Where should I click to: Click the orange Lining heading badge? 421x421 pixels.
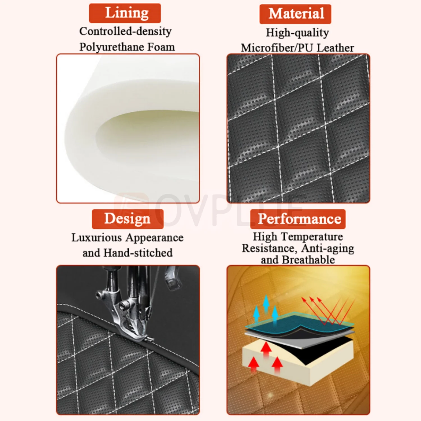(x=125, y=13)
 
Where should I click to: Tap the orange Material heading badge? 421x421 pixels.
(x=295, y=14)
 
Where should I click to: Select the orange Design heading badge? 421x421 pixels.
(x=128, y=219)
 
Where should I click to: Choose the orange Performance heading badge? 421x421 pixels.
(x=298, y=219)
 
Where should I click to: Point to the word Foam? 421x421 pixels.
(x=161, y=47)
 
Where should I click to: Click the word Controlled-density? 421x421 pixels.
(x=125, y=31)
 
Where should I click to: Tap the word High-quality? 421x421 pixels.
(x=298, y=33)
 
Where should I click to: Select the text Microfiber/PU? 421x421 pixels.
(x=277, y=48)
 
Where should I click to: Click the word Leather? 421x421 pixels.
(x=335, y=48)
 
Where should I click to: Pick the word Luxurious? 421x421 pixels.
(x=97, y=237)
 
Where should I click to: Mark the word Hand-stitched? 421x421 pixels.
(x=138, y=253)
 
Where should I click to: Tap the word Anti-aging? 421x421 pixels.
(x=328, y=249)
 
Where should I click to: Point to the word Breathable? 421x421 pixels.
(x=308, y=260)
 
